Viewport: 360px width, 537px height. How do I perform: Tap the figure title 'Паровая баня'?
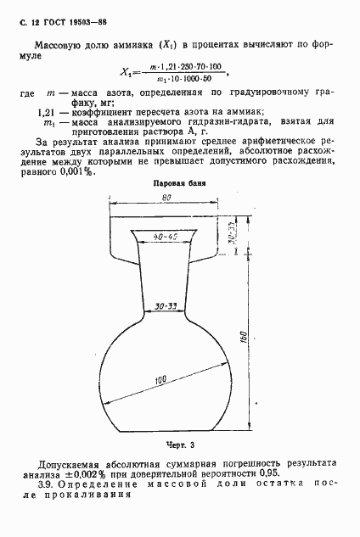click(176, 183)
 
